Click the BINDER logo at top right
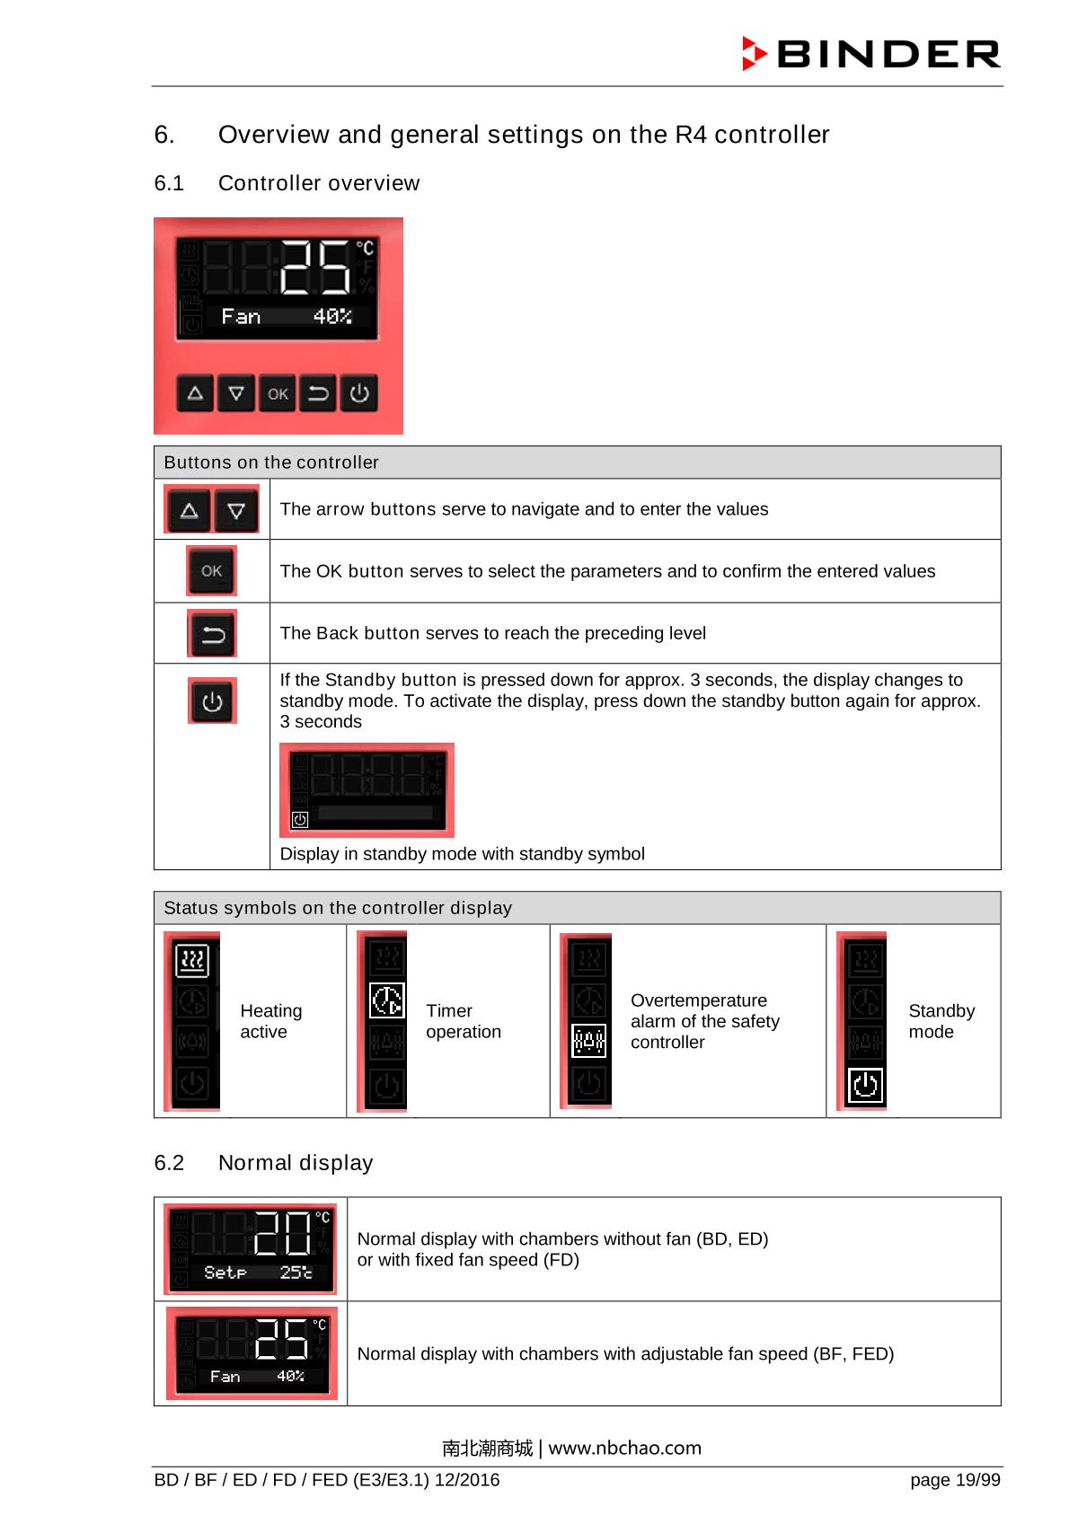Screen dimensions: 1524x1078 pyautogui.click(x=870, y=54)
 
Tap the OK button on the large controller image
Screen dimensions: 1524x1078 pyautogui.click(x=278, y=393)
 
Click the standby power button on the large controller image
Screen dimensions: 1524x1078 pyautogui.click(x=359, y=393)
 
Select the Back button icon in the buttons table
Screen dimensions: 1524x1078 pyautogui.click(x=212, y=634)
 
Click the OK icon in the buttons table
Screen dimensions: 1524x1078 pyautogui.click(x=212, y=571)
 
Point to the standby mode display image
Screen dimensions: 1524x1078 pyautogui.click(x=367, y=790)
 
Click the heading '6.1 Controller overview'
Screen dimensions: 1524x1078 pyautogui.click(x=287, y=183)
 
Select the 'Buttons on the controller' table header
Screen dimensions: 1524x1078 pyautogui.click(x=271, y=462)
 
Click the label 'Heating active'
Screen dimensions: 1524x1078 pyautogui.click(x=271, y=1022)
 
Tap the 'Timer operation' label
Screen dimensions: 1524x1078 pyautogui.click(x=464, y=1022)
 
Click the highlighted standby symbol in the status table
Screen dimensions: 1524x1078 pyautogui.click(x=866, y=1085)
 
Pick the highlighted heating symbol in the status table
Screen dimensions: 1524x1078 pyautogui.click(x=191, y=960)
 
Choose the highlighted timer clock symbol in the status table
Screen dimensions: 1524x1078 pyautogui.click(x=387, y=1000)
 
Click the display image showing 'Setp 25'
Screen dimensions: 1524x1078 pyautogui.click(x=251, y=1249)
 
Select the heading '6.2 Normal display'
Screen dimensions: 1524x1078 pyautogui.click(x=263, y=1163)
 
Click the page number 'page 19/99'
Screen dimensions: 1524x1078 pyautogui.click(x=955, y=1480)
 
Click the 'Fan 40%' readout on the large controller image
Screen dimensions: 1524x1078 pyautogui.click(x=286, y=316)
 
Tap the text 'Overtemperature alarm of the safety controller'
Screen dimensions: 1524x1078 pyautogui.click(x=704, y=1022)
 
